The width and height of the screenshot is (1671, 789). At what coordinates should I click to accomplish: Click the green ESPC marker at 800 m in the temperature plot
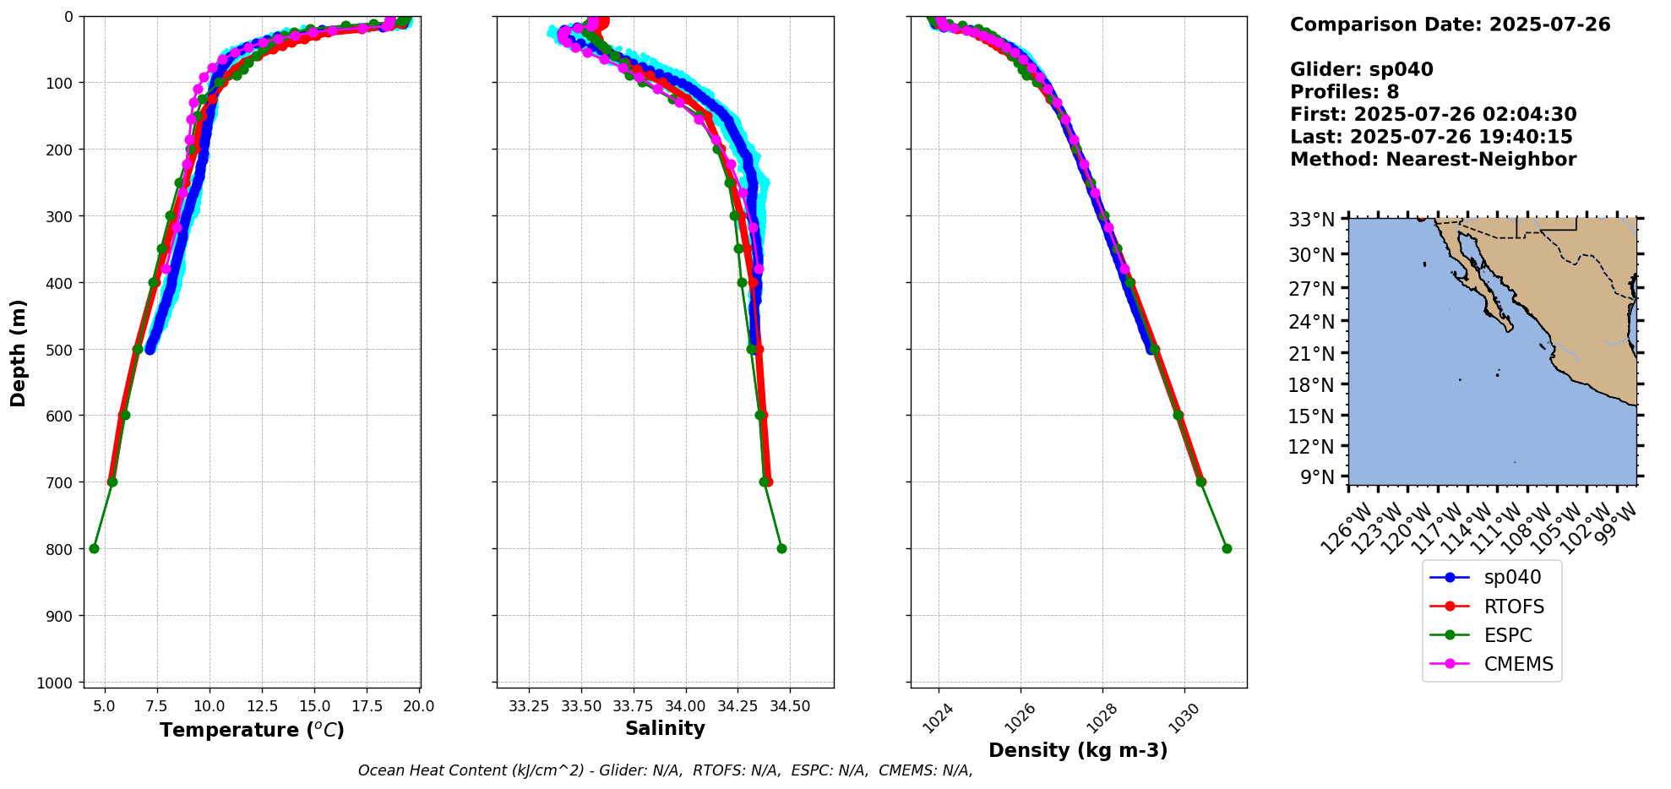[x=94, y=548]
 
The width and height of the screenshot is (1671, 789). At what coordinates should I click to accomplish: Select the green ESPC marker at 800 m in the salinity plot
[x=781, y=548]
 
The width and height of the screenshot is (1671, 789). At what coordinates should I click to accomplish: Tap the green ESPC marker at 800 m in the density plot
[x=1227, y=548]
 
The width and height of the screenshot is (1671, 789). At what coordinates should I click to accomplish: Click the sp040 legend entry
[x=1512, y=578]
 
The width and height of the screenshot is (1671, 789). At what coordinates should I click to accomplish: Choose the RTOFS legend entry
[x=1514, y=607]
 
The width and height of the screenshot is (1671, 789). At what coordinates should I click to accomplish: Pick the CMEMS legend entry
[x=1518, y=664]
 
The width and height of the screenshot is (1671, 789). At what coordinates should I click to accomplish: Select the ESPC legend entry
[x=1508, y=635]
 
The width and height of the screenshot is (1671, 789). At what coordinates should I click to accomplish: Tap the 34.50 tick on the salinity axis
[x=789, y=705]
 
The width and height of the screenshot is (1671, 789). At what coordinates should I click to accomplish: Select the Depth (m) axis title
[x=19, y=352]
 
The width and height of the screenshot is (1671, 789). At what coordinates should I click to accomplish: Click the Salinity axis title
[x=665, y=728]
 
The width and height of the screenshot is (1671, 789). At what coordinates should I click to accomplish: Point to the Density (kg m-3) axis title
[x=1078, y=750]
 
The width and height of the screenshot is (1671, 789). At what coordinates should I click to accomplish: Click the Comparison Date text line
[x=1450, y=24]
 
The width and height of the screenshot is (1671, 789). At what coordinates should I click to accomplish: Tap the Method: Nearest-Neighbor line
[x=1433, y=160]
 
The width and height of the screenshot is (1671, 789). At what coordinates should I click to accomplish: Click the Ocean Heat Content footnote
[x=665, y=770]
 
